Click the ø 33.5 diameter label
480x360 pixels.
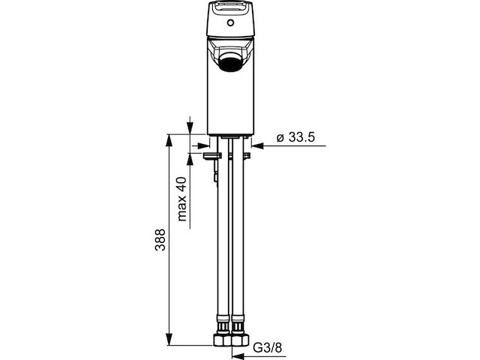coord(295,137)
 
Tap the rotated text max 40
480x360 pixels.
coord(182,199)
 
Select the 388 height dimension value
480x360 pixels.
coord(160,240)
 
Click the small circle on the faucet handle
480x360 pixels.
coord(230,22)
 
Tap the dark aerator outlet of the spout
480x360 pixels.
coord(231,61)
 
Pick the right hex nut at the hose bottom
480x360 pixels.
coord(240,340)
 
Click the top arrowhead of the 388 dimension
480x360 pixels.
coord(169,141)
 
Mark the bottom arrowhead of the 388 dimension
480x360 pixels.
coord(169,338)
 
